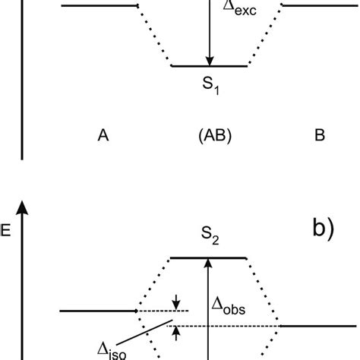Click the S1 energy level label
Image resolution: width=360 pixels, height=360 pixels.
tap(210, 87)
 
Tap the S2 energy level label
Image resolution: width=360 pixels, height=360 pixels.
tap(210, 241)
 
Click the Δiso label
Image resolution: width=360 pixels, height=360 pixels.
tap(112, 350)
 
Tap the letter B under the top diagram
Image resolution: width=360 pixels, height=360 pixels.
tap(320, 137)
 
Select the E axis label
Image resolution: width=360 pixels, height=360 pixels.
tap(7, 232)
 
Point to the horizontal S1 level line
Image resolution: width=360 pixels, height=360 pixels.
tap(210, 67)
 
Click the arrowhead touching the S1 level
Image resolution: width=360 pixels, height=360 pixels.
tap(210, 60)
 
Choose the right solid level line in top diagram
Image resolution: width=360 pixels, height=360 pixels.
tap(319, 5)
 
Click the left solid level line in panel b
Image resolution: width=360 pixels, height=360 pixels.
tap(98, 311)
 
